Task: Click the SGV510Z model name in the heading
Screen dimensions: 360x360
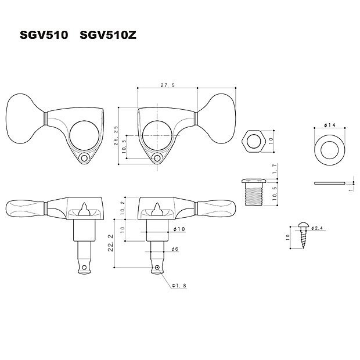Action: point(108,35)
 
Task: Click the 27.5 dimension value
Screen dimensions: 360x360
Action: point(168,85)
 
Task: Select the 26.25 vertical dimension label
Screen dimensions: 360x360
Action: point(116,135)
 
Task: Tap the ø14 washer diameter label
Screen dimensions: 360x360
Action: point(330,125)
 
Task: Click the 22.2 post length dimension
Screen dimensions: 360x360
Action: point(111,243)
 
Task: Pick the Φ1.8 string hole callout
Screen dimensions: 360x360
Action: point(179,286)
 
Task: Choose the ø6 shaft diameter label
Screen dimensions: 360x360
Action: point(175,249)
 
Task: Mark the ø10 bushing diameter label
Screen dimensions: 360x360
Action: point(179,229)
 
